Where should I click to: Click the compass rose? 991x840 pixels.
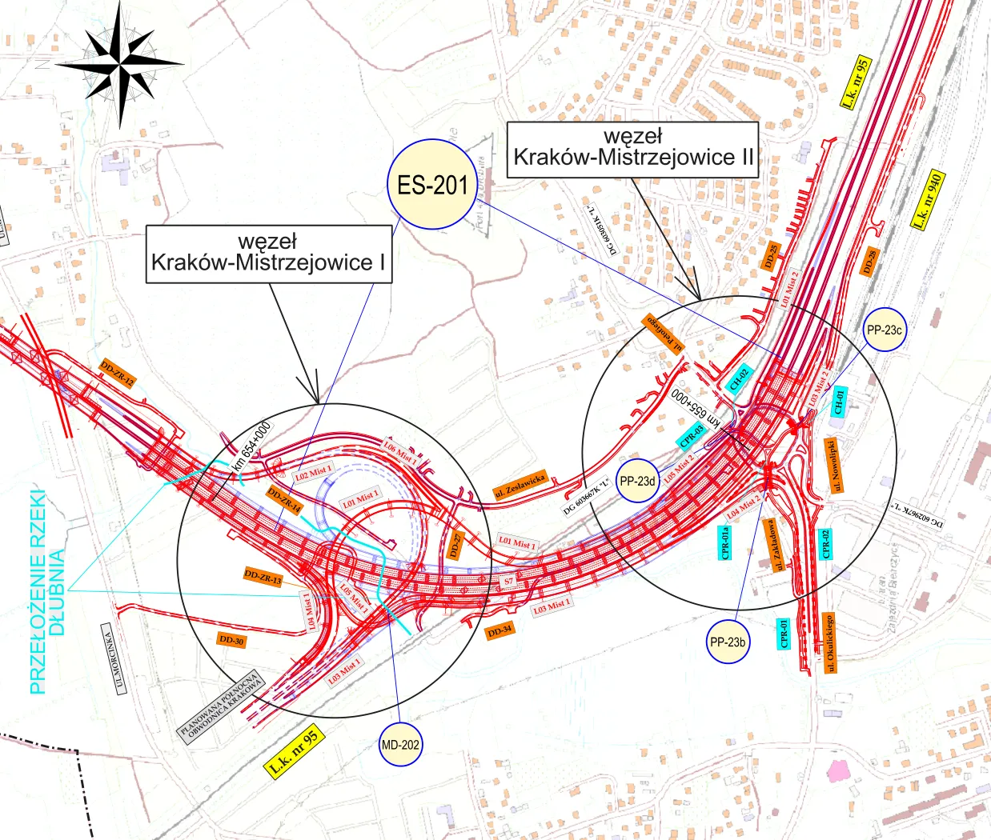(x=121, y=62)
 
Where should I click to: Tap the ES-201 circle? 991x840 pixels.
(x=432, y=185)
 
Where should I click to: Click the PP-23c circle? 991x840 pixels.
(x=884, y=330)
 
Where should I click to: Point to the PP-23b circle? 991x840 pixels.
(x=728, y=642)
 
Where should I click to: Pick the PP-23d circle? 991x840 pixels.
(x=637, y=481)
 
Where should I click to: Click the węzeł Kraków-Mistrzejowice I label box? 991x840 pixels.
(x=269, y=253)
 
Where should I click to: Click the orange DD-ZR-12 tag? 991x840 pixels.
(x=117, y=374)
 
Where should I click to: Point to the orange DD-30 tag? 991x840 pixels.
(x=231, y=640)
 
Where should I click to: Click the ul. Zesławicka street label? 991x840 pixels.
(x=520, y=485)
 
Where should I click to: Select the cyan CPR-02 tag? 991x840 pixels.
(x=825, y=545)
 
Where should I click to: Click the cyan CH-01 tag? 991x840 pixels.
(x=839, y=400)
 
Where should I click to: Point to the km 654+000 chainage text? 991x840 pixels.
(x=251, y=446)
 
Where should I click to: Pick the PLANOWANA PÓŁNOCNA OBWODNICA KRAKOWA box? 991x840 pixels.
(x=221, y=704)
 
